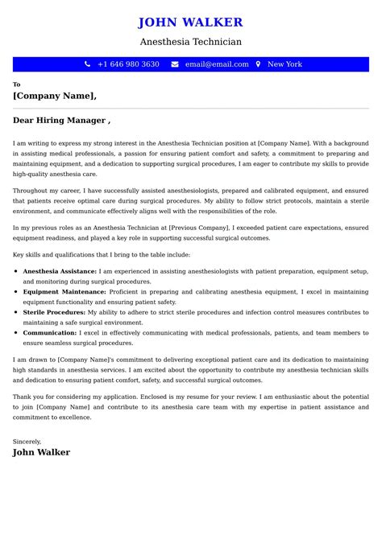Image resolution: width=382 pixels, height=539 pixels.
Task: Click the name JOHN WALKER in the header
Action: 190,23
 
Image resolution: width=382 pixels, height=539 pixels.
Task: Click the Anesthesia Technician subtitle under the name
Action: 190,42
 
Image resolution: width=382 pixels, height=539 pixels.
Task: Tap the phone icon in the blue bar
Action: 87,64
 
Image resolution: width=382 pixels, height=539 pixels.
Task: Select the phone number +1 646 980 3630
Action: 128,64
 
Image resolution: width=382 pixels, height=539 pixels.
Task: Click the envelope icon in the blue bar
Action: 175,64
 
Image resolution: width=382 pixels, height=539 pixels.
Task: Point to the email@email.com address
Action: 217,64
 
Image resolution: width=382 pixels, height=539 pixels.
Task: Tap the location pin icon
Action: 258,64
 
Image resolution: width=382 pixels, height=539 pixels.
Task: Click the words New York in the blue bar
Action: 284,64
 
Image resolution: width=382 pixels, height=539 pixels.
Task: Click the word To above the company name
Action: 17,84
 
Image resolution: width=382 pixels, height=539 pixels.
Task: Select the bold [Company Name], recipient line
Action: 55,96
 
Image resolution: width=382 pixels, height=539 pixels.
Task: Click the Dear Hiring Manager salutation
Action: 61,121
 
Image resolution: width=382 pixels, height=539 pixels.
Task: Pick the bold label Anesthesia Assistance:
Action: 60,272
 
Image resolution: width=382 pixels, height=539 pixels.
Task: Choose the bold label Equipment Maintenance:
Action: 63,292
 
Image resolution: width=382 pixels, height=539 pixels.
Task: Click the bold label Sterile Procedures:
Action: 53,312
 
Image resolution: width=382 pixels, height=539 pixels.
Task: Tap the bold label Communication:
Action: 50,332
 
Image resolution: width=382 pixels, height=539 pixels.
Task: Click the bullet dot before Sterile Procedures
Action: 17,312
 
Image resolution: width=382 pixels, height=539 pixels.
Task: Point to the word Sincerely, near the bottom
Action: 27,441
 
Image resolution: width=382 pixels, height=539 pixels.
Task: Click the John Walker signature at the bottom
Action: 41,452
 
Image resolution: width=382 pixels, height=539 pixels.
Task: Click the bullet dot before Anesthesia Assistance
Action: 17,272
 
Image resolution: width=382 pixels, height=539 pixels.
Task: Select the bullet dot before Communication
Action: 17,332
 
